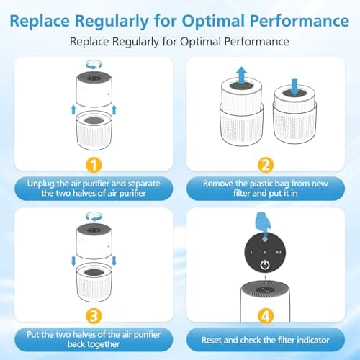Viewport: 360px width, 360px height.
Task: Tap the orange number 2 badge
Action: [x=266, y=163]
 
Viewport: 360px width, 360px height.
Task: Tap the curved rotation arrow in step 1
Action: [x=93, y=65]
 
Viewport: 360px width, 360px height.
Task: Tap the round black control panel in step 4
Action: [x=266, y=254]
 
